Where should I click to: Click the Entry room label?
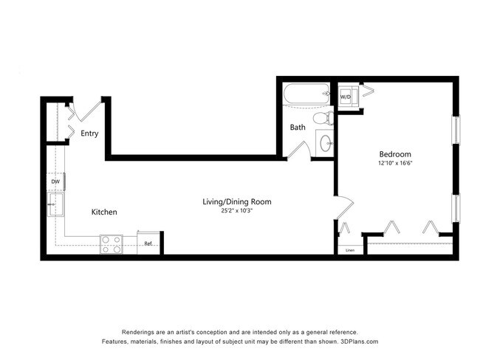click(x=90, y=134)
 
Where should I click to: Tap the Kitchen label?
click(x=104, y=212)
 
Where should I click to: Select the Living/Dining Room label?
click(x=238, y=201)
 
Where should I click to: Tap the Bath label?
click(x=298, y=127)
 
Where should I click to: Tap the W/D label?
click(x=346, y=97)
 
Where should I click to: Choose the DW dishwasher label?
click(x=55, y=181)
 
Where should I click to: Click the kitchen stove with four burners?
click(x=112, y=244)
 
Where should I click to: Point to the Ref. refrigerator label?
click(x=148, y=244)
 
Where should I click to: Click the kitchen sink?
click(x=53, y=204)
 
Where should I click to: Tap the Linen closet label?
click(x=350, y=250)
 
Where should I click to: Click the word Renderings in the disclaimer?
click(x=139, y=332)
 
